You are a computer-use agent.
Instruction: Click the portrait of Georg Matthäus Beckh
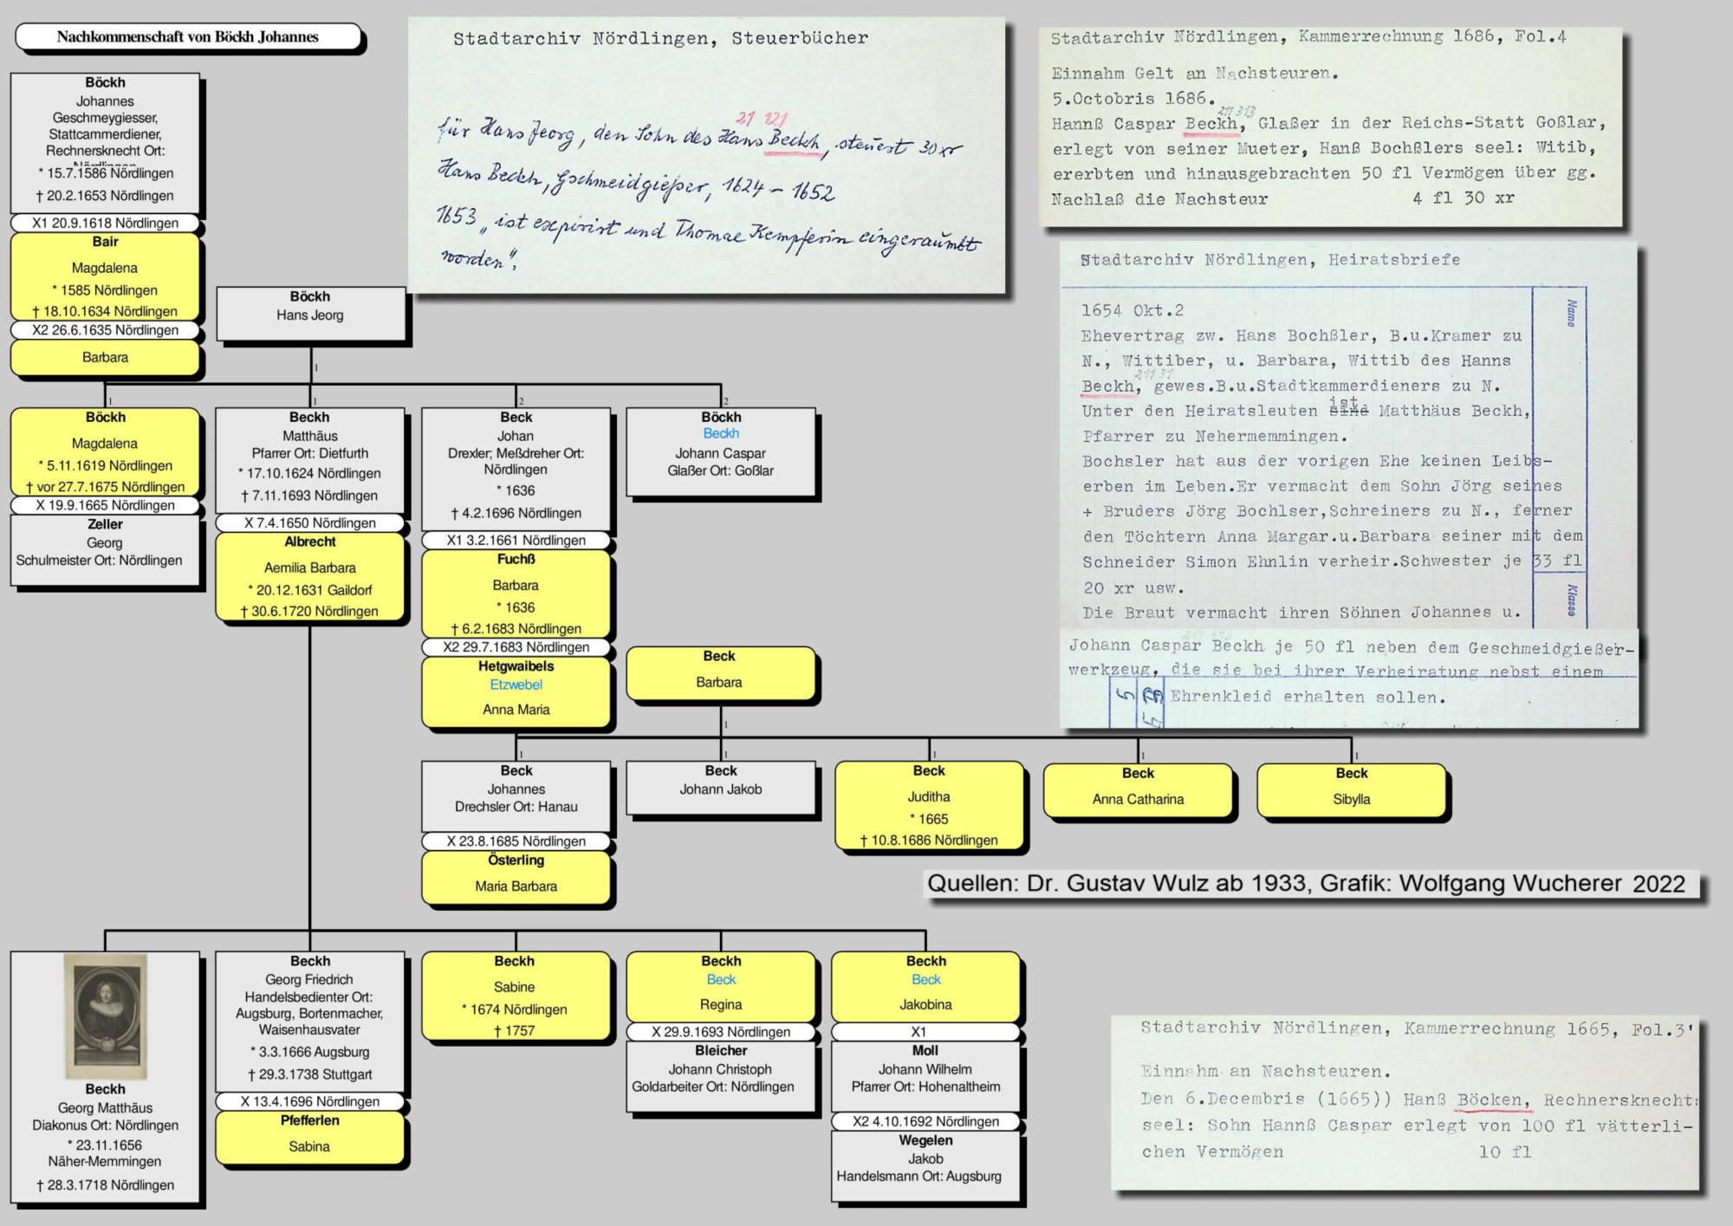click(x=105, y=1015)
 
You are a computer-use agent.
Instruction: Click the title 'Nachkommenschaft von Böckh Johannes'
click(x=188, y=37)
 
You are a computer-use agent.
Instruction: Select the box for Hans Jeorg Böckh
click(x=310, y=314)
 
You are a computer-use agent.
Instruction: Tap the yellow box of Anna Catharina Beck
click(x=1138, y=789)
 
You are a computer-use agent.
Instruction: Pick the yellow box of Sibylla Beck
click(x=1351, y=789)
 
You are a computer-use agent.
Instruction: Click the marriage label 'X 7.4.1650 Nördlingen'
click(x=310, y=523)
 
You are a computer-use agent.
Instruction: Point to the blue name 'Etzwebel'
click(x=516, y=684)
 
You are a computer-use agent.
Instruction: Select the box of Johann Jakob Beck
click(x=720, y=788)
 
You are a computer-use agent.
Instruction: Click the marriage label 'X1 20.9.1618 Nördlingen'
click(x=105, y=224)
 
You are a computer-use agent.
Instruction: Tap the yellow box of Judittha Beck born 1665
click(x=929, y=805)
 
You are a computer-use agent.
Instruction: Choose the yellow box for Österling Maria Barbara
click(x=516, y=877)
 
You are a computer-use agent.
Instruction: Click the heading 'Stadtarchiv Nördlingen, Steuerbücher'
click(x=660, y=39)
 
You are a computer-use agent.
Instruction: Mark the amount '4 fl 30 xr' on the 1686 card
click(x=1464, y=198)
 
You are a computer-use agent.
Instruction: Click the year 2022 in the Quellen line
click(x=1658, y=885)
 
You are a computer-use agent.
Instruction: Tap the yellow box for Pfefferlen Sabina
click(x=309, y=1137)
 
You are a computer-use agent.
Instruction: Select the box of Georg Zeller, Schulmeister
click(x=104, y=550)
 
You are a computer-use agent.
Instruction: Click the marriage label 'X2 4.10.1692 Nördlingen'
click(x=925, y=1122)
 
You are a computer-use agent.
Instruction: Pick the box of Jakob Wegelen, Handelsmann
click(x=925, y=1166)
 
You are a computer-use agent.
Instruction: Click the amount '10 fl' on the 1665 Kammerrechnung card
click(x=1505, y=1152)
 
